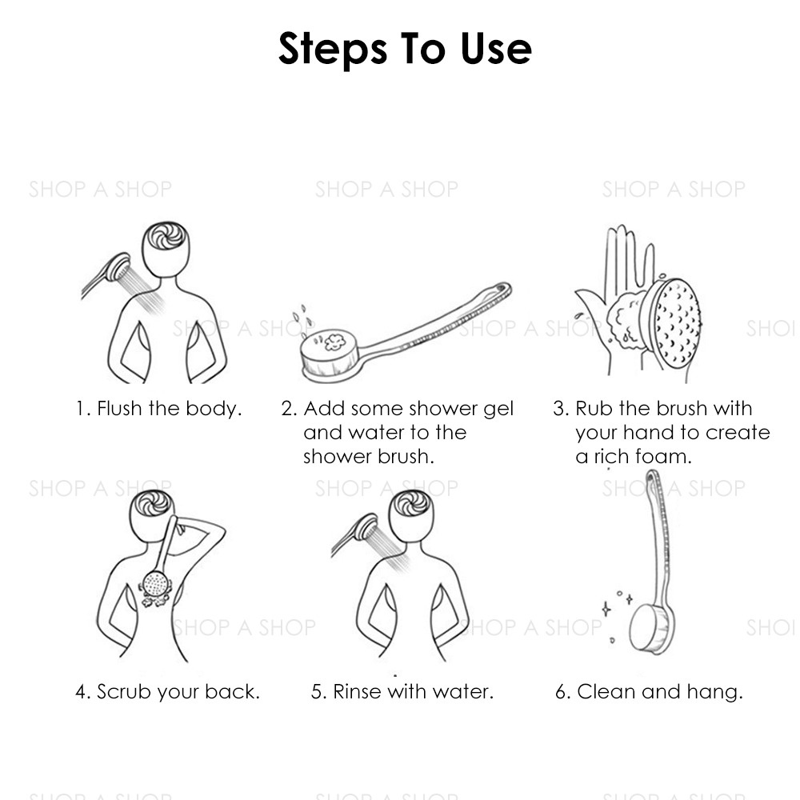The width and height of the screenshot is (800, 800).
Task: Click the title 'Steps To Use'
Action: [x=405, y=49]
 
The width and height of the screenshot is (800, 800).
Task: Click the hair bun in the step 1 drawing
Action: [x=166, y=236]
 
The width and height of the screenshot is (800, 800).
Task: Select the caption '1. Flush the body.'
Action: [x=158, y=409]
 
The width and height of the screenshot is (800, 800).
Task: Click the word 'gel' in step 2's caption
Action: [x=498, y=409]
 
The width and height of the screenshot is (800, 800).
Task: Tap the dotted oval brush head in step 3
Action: [x=673, y=322]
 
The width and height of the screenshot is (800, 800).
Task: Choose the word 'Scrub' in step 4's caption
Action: [x=124, y=692]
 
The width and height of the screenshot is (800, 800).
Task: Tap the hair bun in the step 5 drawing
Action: [x=411, y=504]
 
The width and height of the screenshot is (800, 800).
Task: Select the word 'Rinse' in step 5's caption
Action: [x=357, y=692]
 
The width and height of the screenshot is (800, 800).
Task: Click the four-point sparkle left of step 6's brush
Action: [x=606, y=609]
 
